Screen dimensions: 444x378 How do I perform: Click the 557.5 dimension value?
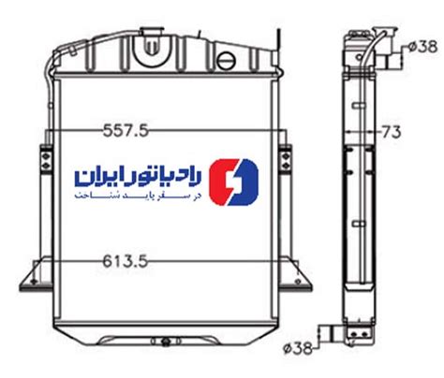(x=126, y=130)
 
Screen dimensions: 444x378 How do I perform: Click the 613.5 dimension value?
(x=125, y=261)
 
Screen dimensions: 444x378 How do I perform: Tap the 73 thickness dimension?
(x=392, y=132)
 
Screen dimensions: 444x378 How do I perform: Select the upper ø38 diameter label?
(x=422, y=47)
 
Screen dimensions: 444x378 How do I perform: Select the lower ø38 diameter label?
(x=298, y=348)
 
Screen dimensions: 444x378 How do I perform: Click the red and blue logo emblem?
(x=233, y=182)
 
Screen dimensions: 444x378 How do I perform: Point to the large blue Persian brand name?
(x=138, y=177)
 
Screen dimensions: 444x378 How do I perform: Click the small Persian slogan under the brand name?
(x=138, y=196)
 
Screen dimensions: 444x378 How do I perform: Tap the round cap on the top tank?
(x=226, y=61)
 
